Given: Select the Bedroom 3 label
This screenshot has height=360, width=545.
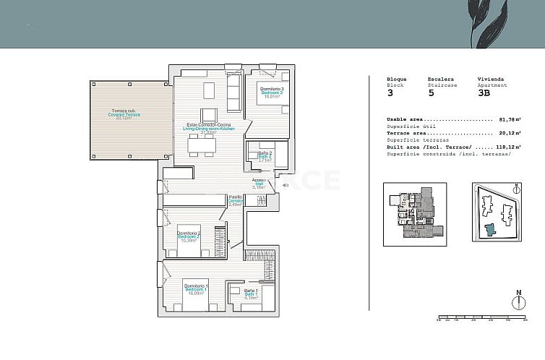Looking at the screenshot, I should (x=271, y=93).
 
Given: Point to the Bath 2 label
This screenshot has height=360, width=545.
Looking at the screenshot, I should (x=265, y=156).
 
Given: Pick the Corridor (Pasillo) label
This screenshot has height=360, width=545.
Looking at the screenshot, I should (x=235, y=201).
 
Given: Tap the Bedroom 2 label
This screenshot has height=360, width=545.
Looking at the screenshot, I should (x=189, y=236).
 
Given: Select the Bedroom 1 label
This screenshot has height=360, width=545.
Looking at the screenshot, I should (x=194, y=290).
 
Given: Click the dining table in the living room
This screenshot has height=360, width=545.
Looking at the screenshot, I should (x=202, y=147).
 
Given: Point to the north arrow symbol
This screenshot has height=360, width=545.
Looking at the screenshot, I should (x=518, y=301).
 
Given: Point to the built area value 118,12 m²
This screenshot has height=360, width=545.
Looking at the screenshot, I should (x=509, y=147).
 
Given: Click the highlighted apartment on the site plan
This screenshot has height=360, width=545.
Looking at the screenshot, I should (x=491, y=229).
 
